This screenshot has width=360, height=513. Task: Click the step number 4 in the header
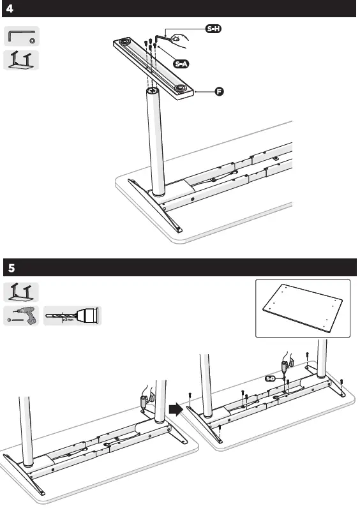[10, 9]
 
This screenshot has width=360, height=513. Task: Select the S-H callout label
[213, 29]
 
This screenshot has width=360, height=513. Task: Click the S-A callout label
[183, 64]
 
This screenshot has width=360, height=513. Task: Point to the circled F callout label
[219, 93]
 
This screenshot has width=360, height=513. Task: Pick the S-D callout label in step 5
[270, 379]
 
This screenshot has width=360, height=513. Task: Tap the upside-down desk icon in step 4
[22, 59]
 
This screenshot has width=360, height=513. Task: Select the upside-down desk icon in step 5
[22, 292]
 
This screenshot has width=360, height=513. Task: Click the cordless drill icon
[22, 315]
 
